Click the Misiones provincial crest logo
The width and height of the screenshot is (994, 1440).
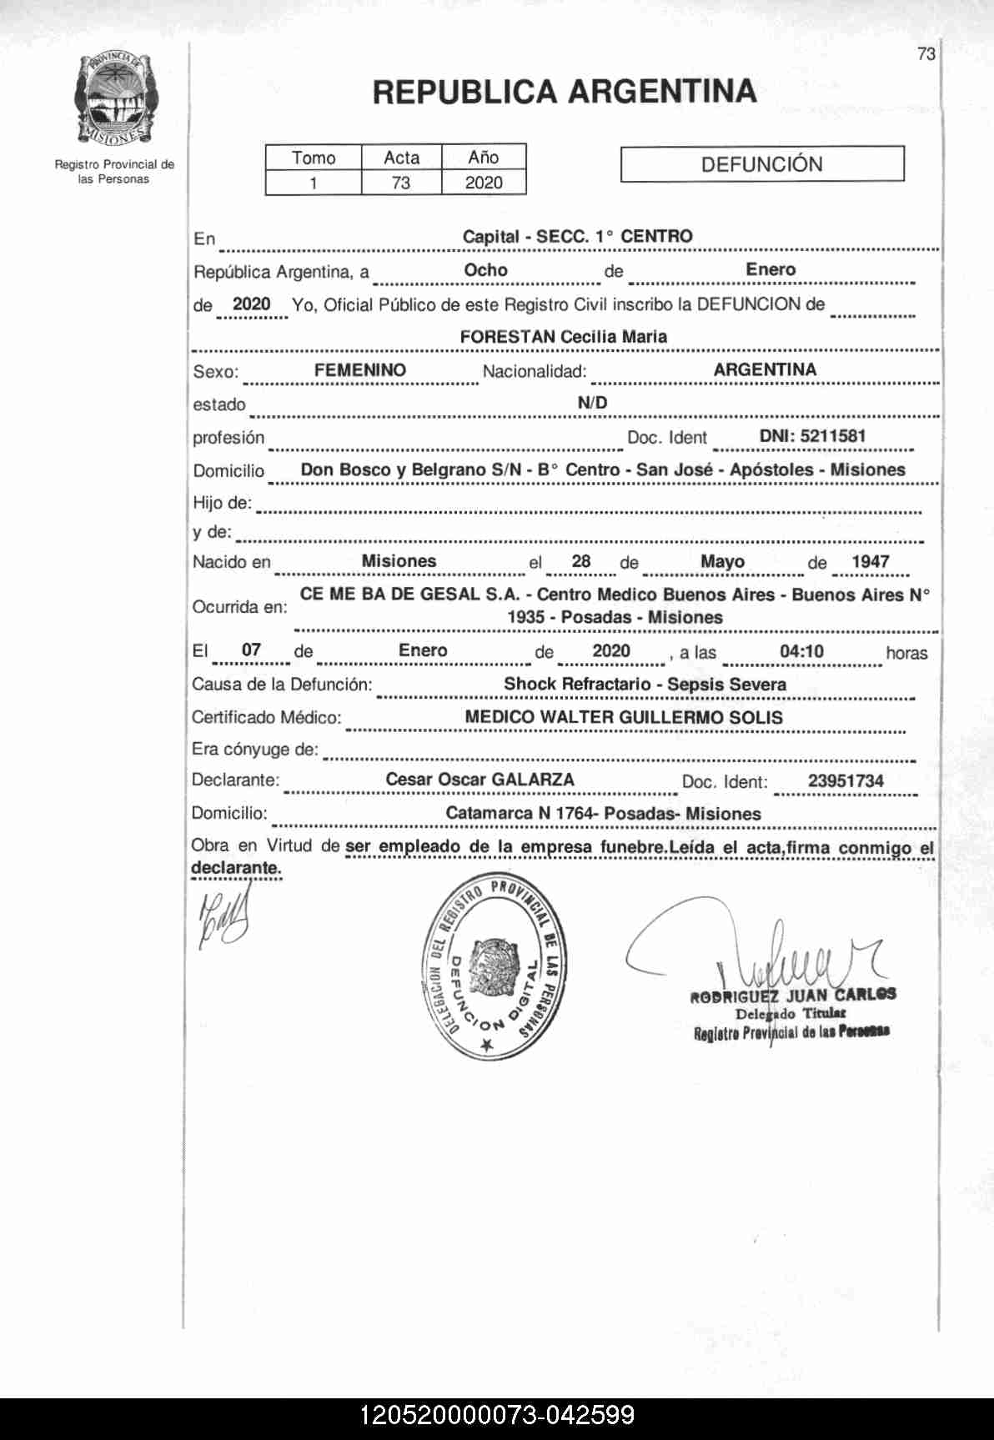pyautogui.click(x=114, y=98)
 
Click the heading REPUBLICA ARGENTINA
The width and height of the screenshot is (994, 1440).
pyautogui.click(x=565, y=92)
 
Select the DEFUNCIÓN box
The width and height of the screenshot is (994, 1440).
pyautogui.click(x=761, y=164)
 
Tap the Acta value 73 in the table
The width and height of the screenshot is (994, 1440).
pyautogui.click(x=401, y=183)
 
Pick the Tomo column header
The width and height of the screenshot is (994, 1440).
pyautogui.click(x=314, y=158)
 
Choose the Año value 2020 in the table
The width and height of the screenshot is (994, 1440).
pyautogui.click(x=484, y=183)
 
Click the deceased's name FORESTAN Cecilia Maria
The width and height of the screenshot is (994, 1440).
pyautogui.click(x=564, y=337)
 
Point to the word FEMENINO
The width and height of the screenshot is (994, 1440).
pyautogui.click(x=360, y=370)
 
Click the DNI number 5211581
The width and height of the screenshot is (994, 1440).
pyautogui.click(x=812, y=436)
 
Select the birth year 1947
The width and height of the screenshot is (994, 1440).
pyautogui.click(x=870, y=561)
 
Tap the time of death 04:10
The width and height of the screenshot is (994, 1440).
pyautogui.click(x=801, y=650)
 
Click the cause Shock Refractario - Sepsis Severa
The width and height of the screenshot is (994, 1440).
pyautogui.click(x=645, y=685)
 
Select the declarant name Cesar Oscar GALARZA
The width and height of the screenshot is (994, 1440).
pyautogui.click(x=479, y=780)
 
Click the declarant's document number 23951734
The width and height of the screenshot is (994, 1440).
pyautogui.click(x=845, y=781)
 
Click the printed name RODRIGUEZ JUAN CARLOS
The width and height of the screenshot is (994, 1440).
pyautogui.click(x=792, y=995)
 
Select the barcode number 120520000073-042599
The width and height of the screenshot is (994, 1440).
pyautogui.click(x=497, y=1415)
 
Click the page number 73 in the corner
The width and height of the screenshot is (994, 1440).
pyautogui.click(x=926, y=54)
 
